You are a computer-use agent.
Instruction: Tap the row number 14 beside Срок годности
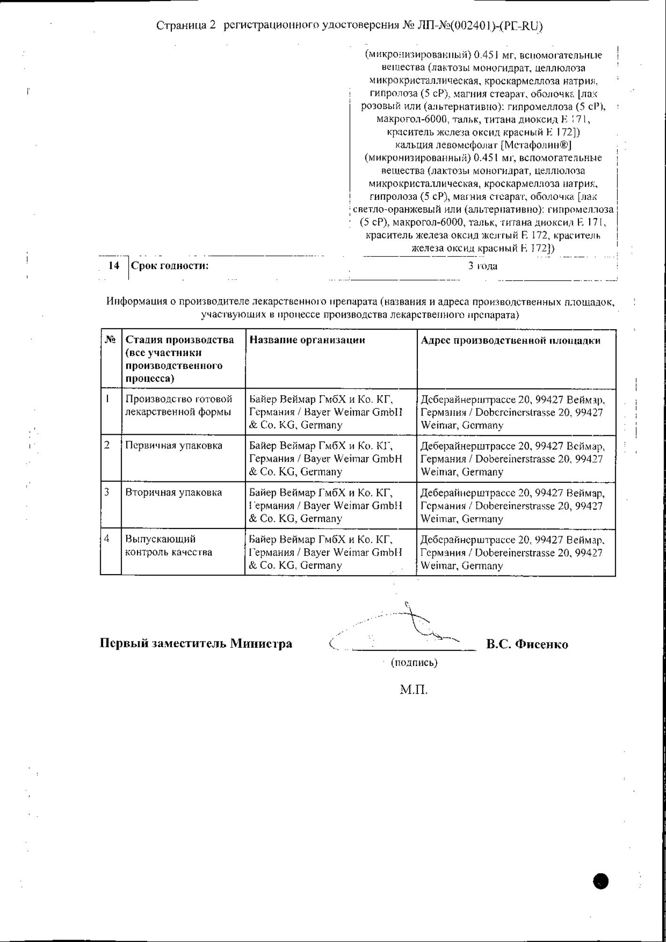pyautogui.click(x=114, y=266)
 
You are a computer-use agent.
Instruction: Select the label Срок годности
pyautogui.click(x=170, y=266)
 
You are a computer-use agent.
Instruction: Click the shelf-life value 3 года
pyautogui.click(x=483, y=266)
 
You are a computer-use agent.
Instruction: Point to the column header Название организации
pyautogui.click(x=307, y=340)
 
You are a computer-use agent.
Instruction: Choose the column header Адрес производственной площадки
pyautogui.click(x=511, y=341)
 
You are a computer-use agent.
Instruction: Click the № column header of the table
pyautogui.click(x=110, y=340)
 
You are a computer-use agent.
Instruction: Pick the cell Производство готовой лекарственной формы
pyautogui.click(x=179, y=406)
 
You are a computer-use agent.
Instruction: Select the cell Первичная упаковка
pyautogui.click(x=174, y=446)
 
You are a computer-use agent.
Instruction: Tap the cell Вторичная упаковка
pyautogui.click(x=173, y=492)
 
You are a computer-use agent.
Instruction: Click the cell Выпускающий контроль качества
pyautogui.click(x=169, y=545)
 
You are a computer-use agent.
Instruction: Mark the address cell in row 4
pyautogui.click(x=512, y=552)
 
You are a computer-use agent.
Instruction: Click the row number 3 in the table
pyautogui.click(x=107, y=492)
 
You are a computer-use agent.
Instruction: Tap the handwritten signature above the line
pyautogui.click(x=414, y=624)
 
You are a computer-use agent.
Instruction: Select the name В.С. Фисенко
pyautogui.click(x=527, y=644)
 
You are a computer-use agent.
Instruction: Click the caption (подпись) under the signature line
pyautogui.click(x=414, y=663)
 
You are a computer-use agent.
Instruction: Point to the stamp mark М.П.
pyautogui.click(x=414, y=690)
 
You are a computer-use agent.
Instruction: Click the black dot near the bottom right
pyautogui.click(x=601, y=881)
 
